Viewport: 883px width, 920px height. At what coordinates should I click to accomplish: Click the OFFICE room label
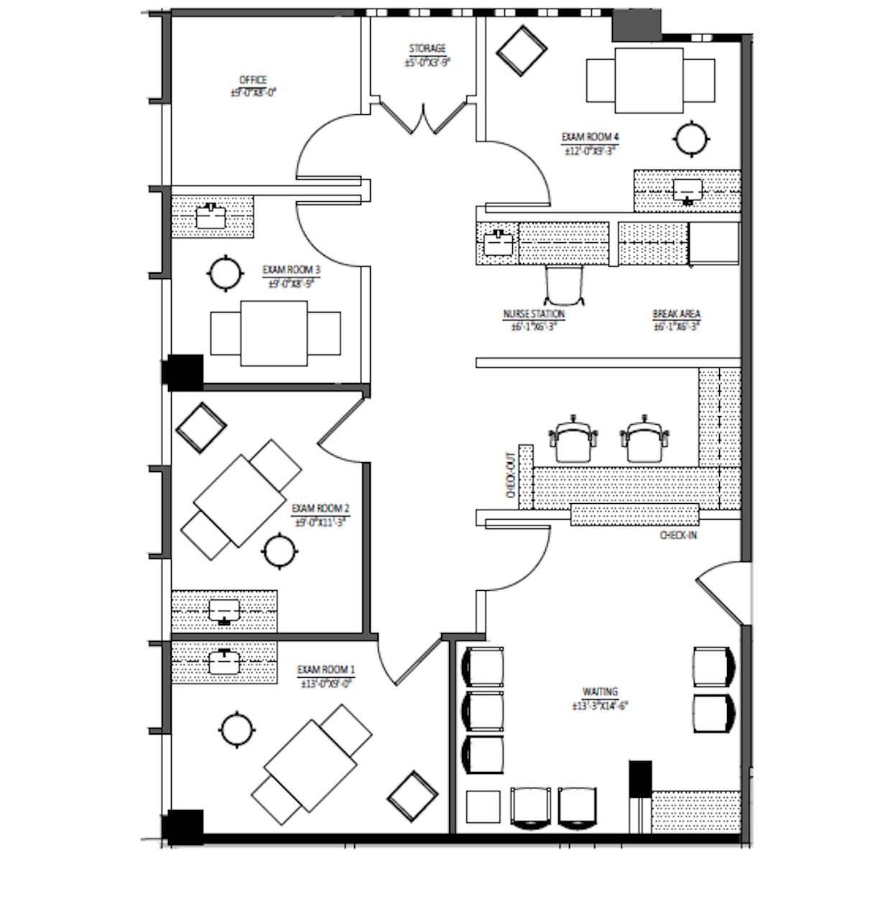pyautogui.click(x=253, y=80)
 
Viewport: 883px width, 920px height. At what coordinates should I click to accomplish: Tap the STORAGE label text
pyautogui.click(x=427, y=49)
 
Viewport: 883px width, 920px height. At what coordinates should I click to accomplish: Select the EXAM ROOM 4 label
pyautogui.click(x=590, y=137)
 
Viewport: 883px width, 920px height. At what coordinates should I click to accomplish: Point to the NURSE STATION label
pyautogui.click(x=533, y=314)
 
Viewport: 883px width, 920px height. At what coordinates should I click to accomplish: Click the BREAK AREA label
pyautogui.click(x=676, y=314)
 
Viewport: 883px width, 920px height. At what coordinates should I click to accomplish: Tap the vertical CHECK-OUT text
pyautogui.click(x=510, y=476)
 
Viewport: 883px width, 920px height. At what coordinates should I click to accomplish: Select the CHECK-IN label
pyautogui.click(x=678, y=535)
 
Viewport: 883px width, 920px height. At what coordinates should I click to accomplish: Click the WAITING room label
pyautogui.click(x=600, y=692)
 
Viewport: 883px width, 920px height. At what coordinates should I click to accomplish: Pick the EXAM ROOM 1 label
pyautogui.click(x=325, y=670)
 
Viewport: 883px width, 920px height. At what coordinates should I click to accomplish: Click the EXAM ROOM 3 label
pyautogui.click(x=291, y=270)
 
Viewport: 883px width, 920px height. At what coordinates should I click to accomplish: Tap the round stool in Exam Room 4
pyautogui.click(x=692, y=138)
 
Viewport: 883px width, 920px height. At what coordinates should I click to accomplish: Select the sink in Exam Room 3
pyautogui.click(x=211, y=216)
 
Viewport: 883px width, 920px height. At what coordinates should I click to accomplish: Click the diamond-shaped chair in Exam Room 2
pyautogui.click(x=200, y=427)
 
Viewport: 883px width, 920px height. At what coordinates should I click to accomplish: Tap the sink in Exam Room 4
pyautogui.click(x=688, y=190)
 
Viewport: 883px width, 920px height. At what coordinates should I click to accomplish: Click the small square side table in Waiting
pyautogui.click(x=484, y=807)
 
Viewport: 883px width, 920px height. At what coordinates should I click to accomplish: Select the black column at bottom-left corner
pyautogui.click(x=182, y=827)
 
